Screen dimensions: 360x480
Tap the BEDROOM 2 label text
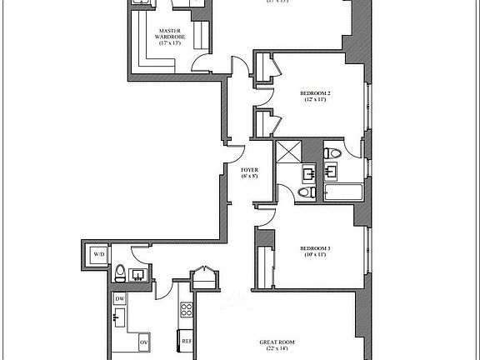pos(317,92)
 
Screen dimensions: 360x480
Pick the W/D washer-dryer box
pos(98,253)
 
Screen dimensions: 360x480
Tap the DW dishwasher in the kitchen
pos(120,298)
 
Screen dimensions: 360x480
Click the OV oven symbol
pos(143,342)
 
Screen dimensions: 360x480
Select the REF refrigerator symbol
pos(187,342)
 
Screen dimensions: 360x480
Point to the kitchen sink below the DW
pos(120,317)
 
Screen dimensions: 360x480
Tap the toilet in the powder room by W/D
pos(121,272)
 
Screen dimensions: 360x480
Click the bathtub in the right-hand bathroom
pos(342,194)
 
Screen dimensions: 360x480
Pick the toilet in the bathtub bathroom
pos(333,152)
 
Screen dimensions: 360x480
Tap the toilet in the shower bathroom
pos(305,192)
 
